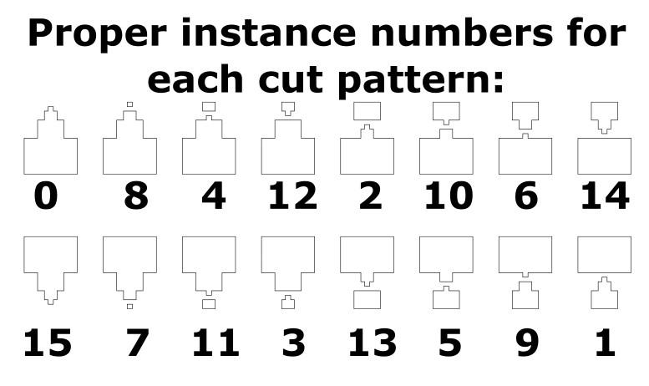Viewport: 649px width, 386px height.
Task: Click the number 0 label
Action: pos(48,196)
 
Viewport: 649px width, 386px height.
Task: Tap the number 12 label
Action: pos(292,196)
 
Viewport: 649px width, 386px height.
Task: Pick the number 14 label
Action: pos(604,196)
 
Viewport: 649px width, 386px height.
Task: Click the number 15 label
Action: pos(48,343)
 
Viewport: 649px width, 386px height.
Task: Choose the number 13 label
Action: pos(370,343)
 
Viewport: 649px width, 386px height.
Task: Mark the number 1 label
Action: pos(604,343)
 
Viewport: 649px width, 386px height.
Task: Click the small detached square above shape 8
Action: pos(129,104)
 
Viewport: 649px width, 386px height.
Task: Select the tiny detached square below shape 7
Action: pos(129,307)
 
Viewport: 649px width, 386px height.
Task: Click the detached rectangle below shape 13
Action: pos(368,300)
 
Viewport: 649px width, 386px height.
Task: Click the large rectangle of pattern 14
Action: pos(604,156)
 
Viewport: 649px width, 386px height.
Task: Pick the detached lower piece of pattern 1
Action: pos(604,297)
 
